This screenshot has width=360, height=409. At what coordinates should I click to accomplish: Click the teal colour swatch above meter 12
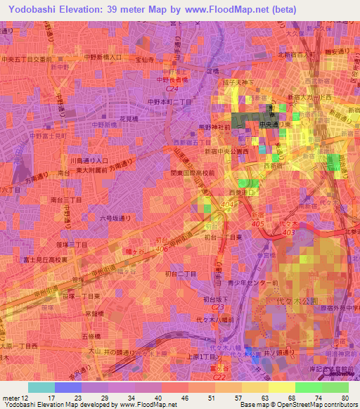tap(41, 387)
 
